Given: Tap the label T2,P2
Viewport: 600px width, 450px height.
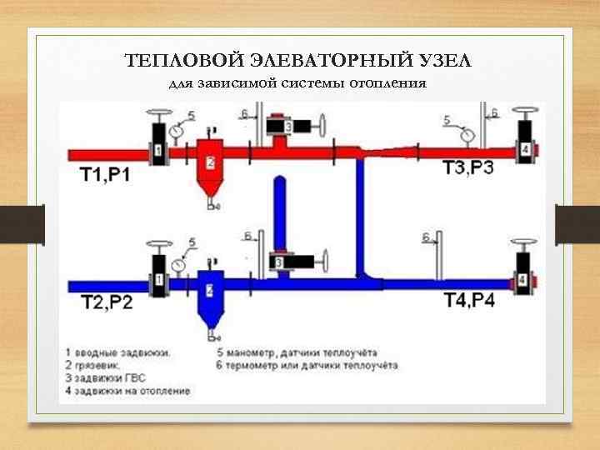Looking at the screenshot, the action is tap(107, 302).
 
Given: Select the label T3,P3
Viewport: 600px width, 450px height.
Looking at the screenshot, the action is tap(467, 168).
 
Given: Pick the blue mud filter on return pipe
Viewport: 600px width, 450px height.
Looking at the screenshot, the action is tap(210, 296).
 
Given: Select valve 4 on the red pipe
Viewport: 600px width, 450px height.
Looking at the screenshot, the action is tap(524, 148).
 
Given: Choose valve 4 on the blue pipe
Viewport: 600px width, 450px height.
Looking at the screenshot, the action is tap(522, 280).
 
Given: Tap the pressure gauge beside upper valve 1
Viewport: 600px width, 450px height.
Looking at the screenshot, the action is tap(177, 131).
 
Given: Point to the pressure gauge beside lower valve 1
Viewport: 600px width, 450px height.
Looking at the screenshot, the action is tap(178, 264).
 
